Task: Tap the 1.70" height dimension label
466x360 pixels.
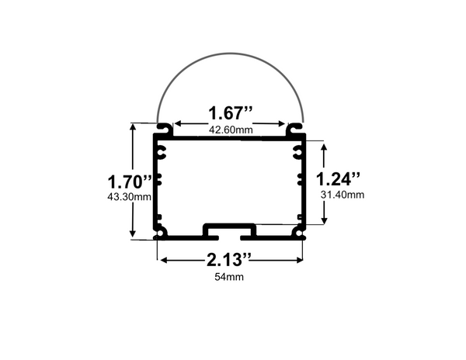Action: coord(129,182)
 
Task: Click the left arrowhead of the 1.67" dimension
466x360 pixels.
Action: coord(177,123)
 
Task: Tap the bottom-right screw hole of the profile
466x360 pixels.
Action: coord(298,233)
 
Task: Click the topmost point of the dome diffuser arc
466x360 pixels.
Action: coord(229,54)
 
